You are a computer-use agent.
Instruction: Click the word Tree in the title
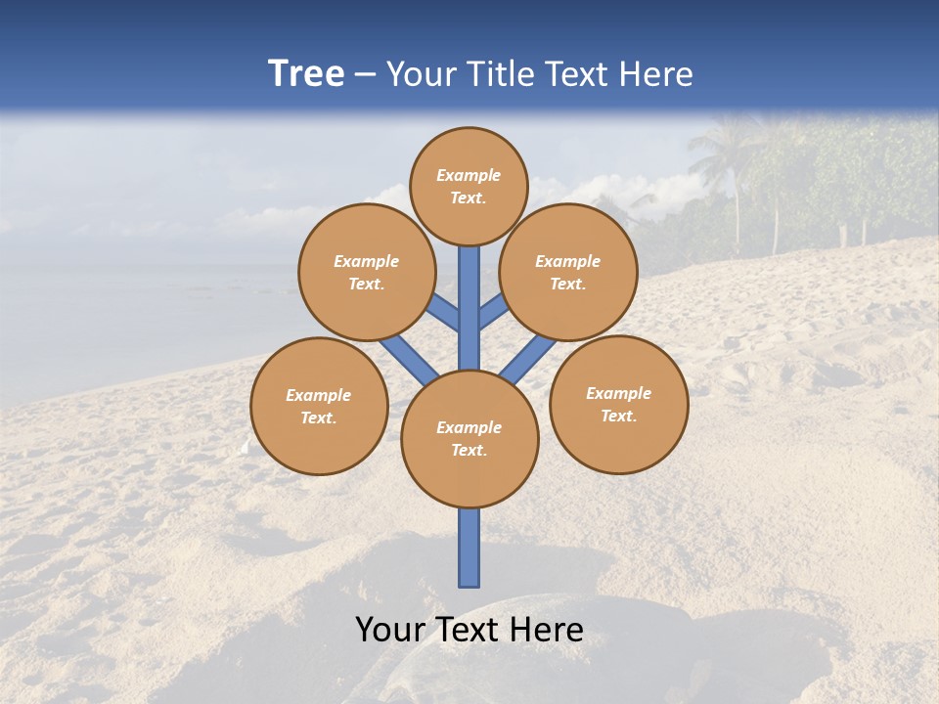(306, 74)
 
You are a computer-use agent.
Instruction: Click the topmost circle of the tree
(469, 186)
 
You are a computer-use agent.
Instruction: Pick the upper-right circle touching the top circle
(568, 272)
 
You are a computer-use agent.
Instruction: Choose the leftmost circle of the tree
(319, 406)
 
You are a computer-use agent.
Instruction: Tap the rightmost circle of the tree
(619, 404)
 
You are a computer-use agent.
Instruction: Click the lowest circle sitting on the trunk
(469, 438)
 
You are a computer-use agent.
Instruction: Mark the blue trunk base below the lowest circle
(469, 548)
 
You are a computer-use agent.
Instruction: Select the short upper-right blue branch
(492, 311)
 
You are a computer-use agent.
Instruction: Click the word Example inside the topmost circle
(469, 175)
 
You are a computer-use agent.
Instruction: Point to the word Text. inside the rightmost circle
(619, 416)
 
